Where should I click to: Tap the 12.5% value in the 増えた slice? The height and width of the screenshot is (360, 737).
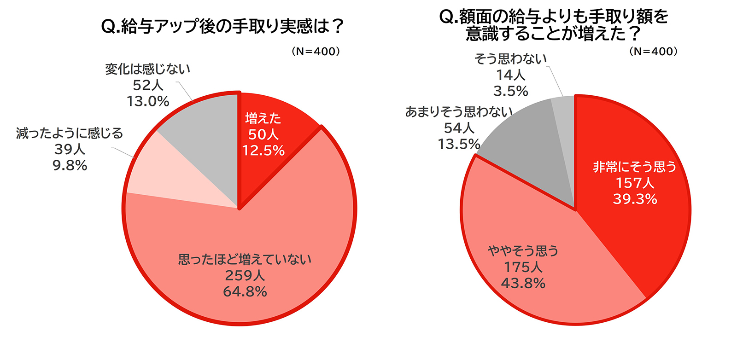263,151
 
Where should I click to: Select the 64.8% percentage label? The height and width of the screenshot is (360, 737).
245,291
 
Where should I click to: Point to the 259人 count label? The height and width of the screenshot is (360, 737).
245,275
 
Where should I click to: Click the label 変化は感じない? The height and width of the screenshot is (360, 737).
147,69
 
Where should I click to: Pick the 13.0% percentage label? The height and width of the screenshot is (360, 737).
148,101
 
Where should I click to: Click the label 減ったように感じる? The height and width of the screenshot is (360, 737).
70,134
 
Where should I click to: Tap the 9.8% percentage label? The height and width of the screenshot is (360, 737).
70,165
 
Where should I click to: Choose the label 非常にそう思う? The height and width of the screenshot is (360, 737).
635,167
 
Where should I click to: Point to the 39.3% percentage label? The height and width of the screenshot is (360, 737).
635,199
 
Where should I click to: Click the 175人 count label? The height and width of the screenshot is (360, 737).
523,267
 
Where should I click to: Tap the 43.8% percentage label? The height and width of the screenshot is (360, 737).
523,283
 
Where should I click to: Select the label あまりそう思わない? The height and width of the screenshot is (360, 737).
459,112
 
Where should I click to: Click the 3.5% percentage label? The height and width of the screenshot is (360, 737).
510,91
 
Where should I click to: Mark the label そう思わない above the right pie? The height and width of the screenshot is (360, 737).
510,59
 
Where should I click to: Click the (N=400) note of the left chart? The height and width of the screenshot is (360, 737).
316,51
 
